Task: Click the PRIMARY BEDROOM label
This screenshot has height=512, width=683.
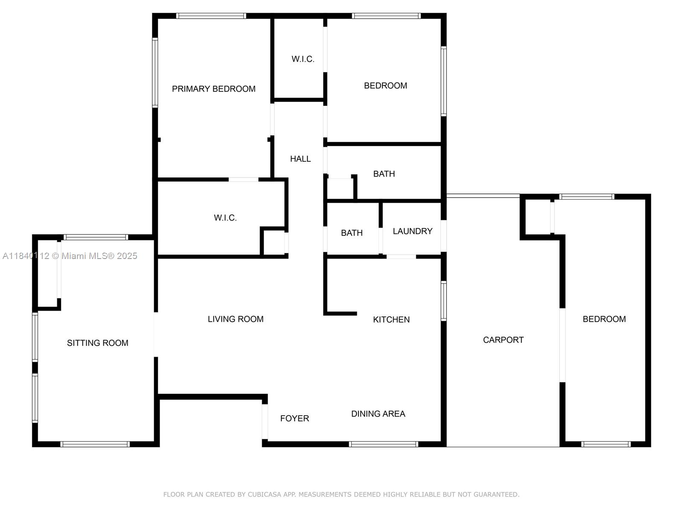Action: (x=213, y=89)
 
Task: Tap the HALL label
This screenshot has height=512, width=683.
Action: (x=300, y=159)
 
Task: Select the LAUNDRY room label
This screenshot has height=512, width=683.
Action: (x=412, y=231)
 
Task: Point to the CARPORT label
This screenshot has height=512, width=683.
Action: (x=503, y=340)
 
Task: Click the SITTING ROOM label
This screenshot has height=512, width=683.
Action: (x=97, y=343)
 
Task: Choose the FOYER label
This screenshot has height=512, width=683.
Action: (x=294, y=419)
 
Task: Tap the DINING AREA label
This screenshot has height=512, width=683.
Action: (x=378, y=414)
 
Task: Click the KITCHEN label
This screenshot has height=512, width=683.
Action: (x=391, y=320)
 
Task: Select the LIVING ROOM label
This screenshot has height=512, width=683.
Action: (x=235, y=319)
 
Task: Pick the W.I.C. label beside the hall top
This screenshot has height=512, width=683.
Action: (x=303, y=59)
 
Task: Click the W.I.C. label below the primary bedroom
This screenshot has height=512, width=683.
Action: (x=225, y=218)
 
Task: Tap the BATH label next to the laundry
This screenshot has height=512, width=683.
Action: (x=351, y=233)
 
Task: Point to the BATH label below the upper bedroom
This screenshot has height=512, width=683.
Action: (x=384, y=174)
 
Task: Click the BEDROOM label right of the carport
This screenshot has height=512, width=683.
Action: (x=604, y=319)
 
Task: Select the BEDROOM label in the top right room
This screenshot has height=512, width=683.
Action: (x=385, y=86)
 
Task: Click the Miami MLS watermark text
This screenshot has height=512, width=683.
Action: (x=70, y=256)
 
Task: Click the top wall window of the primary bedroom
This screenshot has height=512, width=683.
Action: (x=211, y=16)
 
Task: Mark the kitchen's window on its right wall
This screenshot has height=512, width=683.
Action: (x=444, y=301)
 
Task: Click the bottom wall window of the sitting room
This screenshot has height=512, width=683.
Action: (x=95, y=444)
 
